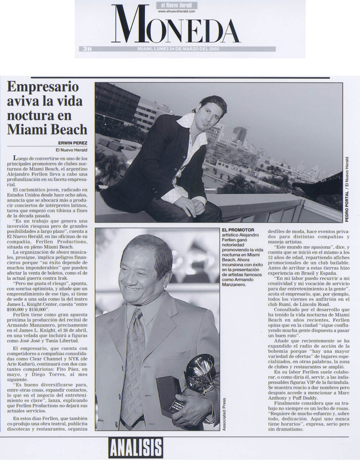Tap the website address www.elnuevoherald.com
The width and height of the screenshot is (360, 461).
click(x=176, y=11)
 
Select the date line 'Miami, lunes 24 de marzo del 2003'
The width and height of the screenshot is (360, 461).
click(x=178, y=49)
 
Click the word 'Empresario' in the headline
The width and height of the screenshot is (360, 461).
click(x=43, y=87)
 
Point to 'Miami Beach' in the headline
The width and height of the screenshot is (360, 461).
click(x=47, y=129)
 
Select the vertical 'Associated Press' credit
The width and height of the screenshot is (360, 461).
click(x=224, y=414)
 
